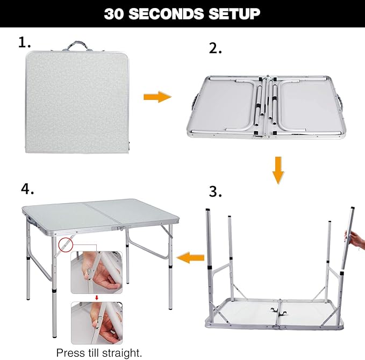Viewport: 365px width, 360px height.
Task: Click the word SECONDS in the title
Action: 182,13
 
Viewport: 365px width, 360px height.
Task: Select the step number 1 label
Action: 25,43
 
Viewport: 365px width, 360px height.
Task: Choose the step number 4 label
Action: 28,190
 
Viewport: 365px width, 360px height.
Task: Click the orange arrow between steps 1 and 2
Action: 156,97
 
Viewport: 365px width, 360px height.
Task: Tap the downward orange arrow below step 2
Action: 277,169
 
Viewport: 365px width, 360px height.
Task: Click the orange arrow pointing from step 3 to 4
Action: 191,257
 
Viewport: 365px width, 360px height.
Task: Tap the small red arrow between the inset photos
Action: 97,297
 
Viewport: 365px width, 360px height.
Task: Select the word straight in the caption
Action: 125,353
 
